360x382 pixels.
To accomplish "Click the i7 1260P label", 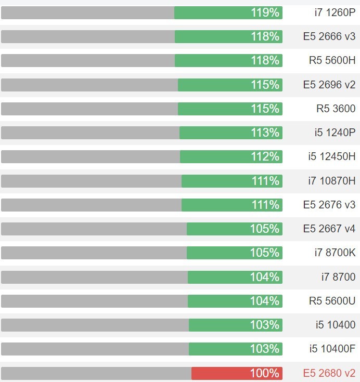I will [x=335, y=12].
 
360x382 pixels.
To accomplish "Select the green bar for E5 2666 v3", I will [x=228, y=36].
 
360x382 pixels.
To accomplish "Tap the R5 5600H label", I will [x=332, y=60].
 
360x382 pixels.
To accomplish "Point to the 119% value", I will [x=265, y=12].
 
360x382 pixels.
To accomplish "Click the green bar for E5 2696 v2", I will [x=230, y=85].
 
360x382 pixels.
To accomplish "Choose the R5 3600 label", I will [x=336, y=109].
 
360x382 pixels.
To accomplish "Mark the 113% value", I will [x=265, y=133].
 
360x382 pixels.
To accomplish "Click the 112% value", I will [x=265, y=156].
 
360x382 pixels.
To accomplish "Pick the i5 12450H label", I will [x=331, y=156].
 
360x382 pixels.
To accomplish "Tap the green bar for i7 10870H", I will [x=232, y=181].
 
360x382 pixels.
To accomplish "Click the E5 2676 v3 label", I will [x=329, y=205].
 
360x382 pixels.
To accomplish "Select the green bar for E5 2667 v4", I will [x=235, y=229].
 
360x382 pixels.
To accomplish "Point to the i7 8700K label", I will [x=335, y=253].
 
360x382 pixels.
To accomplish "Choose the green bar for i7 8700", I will [x=235, y=277].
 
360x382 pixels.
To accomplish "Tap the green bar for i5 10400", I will [x=236, y=325].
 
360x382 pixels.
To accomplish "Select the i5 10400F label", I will [x=332, y=349].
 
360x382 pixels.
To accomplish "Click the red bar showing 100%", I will [x=237, y=373].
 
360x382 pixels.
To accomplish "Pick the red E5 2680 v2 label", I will [x=329, y=373].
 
